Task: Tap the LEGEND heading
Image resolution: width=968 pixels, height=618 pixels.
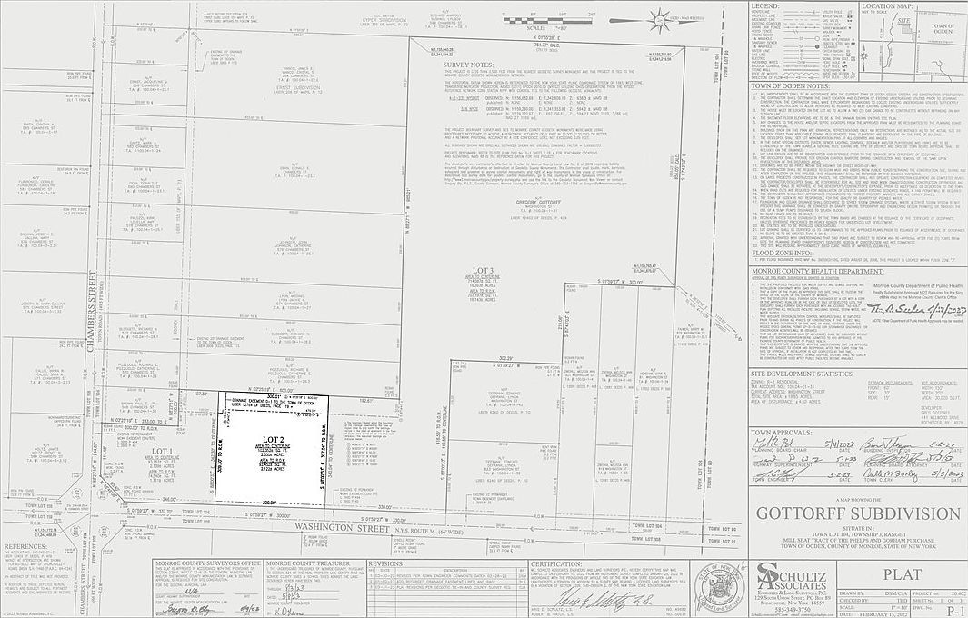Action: (766, 6)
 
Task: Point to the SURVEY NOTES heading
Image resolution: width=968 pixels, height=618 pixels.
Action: (468, 65)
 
